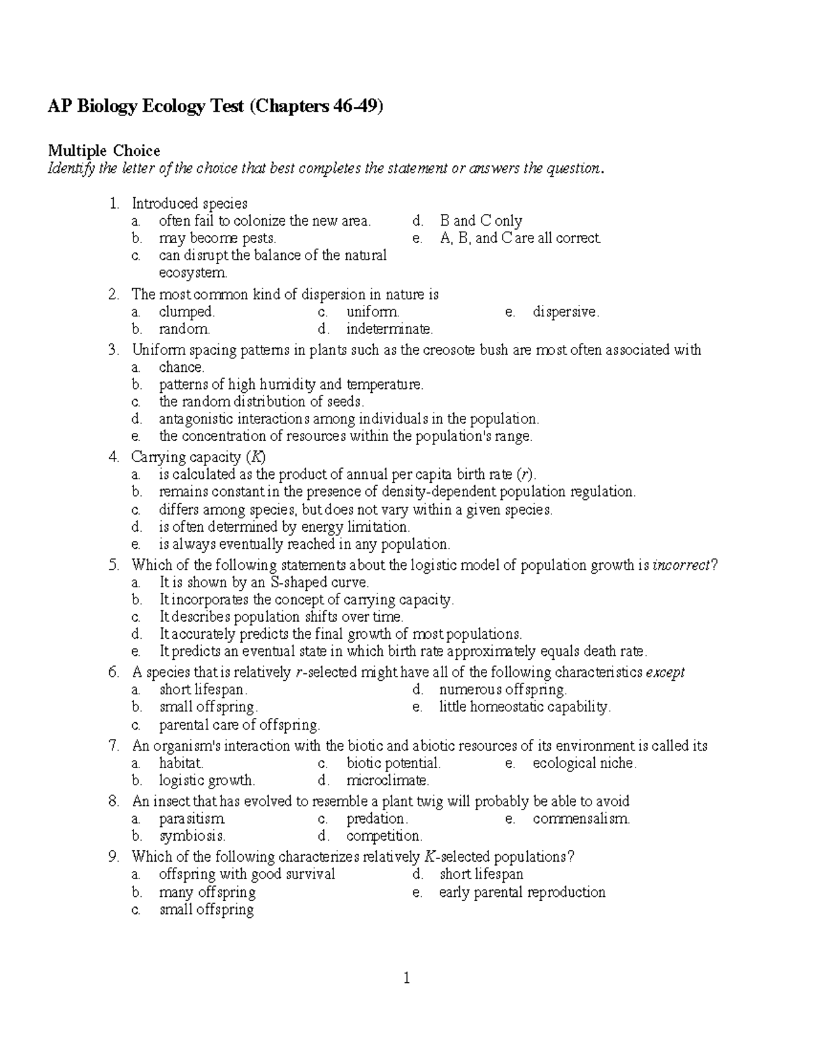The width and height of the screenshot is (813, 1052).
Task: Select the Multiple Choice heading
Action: click(x=103, y=150)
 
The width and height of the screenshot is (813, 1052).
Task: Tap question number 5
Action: click(x=114, y=565)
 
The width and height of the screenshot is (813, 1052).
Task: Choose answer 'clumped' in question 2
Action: click(x=186, y=312)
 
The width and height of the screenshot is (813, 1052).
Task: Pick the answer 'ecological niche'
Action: click(x=584, y=763)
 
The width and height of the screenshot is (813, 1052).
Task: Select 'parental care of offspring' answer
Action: click(x=239, y=725)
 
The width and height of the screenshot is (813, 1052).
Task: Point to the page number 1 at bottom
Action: click(x=406, y=978)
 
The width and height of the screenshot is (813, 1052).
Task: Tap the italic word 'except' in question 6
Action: click(x=665, y=673)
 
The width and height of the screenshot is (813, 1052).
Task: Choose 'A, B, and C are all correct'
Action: click(x=520, y=238)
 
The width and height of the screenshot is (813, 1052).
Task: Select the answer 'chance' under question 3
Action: click(x=181, y=368)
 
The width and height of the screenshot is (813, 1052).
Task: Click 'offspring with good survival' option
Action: click(x=247, y=875)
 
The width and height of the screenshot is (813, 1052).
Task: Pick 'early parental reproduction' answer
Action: click(x=522, y=892)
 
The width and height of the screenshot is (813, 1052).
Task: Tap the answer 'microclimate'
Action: click(x=387, y=780)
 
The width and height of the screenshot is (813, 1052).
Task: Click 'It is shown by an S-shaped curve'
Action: click(x=264, y=583)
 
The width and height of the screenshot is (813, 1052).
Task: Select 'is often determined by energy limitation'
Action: click(x=285, y=527)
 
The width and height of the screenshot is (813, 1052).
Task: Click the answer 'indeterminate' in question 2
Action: click(x=389, y=329)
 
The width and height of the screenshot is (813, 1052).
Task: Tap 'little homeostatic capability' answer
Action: click(x=524, y=707)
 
